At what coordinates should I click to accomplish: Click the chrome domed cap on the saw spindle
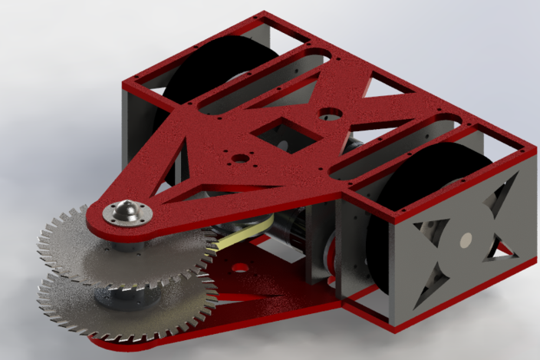coord(125,211)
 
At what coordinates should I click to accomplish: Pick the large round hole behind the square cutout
coord(331,114)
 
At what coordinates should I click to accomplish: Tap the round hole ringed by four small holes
coord(241,159)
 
